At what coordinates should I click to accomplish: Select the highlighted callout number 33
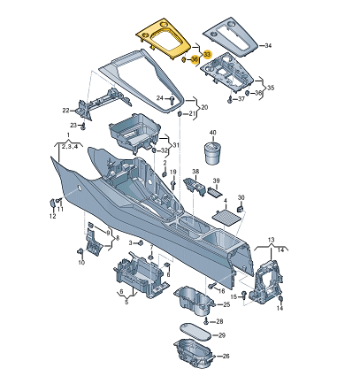[x=208, y=55]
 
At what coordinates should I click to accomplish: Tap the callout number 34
[x=268, y=45]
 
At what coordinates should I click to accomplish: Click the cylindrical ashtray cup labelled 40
[x=213, y=153]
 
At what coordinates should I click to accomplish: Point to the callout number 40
[x=212, y=133]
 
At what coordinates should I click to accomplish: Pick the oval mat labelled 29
[x=195, y=332]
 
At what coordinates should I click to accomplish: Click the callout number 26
[x=226, y=357]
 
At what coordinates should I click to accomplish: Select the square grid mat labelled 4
[x=226, y=219]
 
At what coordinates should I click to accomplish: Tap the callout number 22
[x=65, y=111]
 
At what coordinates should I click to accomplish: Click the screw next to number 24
[x=172, y=100]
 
